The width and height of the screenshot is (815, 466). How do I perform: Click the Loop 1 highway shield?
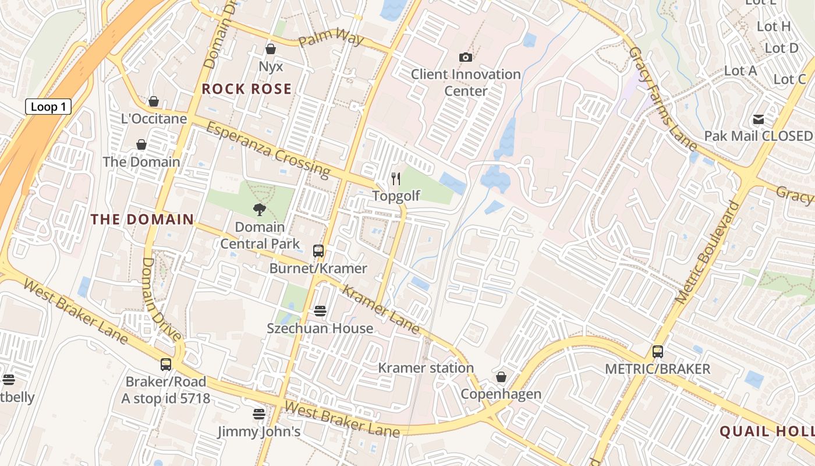pos(48,107)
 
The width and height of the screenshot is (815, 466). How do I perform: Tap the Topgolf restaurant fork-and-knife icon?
pos(396,178)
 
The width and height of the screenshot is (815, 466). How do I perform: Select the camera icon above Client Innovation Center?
pos(465,57)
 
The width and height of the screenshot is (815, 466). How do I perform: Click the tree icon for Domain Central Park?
pos(260,210)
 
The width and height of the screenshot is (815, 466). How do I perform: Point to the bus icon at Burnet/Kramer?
pos(318,251)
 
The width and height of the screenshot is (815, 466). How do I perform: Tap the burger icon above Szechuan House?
pos(320,311)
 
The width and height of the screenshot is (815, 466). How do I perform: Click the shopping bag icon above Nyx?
pos(270,49)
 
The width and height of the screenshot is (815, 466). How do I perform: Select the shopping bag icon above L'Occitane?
pos(154,102)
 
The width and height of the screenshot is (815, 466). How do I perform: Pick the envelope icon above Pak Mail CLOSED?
pos(758,119)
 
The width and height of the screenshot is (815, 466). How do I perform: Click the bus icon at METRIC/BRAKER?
pos(657,352)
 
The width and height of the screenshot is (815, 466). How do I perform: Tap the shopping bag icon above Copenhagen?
pos(501,377)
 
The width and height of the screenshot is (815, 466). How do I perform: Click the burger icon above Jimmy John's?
pos(259,414)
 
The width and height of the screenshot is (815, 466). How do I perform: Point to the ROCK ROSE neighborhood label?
pos(247,89)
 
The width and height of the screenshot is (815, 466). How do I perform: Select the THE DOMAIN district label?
pos(142,220)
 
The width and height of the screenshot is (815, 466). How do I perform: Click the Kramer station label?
pos(426,368)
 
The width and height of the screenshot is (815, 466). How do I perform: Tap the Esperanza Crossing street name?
pos(268,149)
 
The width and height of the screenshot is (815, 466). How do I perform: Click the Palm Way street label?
pos(331,40)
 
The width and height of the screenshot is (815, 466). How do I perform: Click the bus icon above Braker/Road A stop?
pos(166,365)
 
